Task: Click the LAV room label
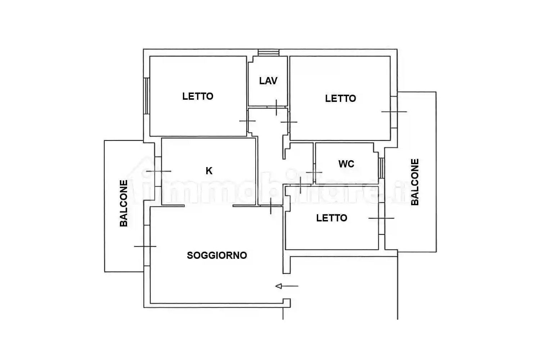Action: point(268,81)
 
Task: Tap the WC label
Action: point(346,164)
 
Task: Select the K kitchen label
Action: point(209,171)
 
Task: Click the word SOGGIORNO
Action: point(217,255)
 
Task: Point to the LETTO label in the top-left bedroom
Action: point(198,96)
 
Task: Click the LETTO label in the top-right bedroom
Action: point(341,98)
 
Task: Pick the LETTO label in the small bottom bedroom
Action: point(332,218)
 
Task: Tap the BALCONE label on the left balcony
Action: point(124,203)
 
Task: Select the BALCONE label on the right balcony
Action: point(415,182)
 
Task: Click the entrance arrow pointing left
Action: point(287,286)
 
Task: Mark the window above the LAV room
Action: point(269,53)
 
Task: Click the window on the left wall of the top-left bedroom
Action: point(147,96)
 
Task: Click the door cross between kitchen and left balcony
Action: point(158,171)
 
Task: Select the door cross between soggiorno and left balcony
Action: point(145,246)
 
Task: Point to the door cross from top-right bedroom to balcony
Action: point(394,112)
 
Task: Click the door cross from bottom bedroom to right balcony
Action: point(381,218)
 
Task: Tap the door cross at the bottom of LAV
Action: point(276,107)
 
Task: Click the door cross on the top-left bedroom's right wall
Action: point(247,121)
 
